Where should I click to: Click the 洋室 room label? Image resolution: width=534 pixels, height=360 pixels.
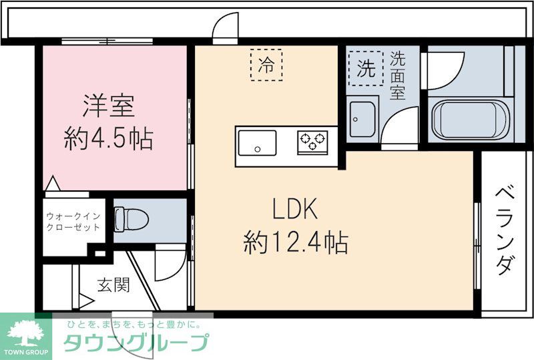(x=109, y=106)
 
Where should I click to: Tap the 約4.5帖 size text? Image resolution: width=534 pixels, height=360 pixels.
(x=109, y=140)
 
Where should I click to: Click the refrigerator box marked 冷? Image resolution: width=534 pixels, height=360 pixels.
(x=266, y=65)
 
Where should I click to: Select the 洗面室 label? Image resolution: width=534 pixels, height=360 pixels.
(x=398, y=75)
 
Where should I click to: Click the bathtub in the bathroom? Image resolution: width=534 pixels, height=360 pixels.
(x=470, y=120)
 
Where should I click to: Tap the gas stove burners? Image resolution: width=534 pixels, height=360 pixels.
(x=312, y=140)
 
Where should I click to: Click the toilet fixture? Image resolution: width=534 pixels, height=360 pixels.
(x=124, y=218)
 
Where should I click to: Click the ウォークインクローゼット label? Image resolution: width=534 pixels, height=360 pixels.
(x=73, y=222)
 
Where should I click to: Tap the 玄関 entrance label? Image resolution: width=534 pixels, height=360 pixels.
(x=113, y=285)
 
